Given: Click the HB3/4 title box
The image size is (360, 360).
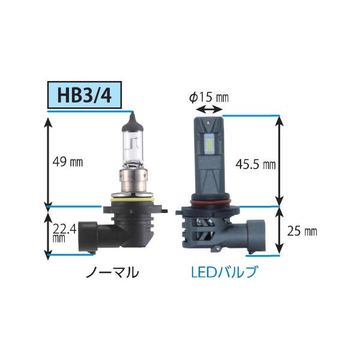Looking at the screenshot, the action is (84, 95).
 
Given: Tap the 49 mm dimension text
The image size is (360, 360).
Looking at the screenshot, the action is (68, 162).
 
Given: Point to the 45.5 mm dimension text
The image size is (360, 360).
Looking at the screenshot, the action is (256, 164).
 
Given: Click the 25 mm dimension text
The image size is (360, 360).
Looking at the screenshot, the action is (302, 231).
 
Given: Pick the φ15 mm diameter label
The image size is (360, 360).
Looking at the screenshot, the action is (209, 97).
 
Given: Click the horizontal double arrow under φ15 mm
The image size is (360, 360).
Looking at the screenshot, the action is (209, 110).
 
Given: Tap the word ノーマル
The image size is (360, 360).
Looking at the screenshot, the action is (112, 272).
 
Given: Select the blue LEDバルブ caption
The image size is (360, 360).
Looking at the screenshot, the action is (224, 272).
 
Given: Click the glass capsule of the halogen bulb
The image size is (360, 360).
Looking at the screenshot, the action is (133, 149).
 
